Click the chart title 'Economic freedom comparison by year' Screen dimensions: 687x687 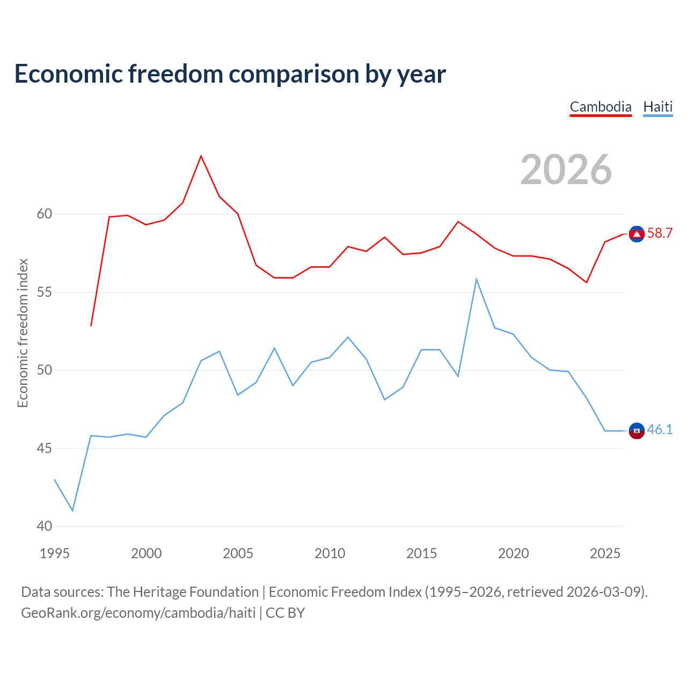point(230,74)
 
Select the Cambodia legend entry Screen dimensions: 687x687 point(601,107)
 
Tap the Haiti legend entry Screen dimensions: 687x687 point(658,107)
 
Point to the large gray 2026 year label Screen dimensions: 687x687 point(566,170)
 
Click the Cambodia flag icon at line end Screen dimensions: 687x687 point(637,234)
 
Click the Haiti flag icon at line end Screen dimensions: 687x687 point(637,430)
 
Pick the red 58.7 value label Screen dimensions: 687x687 point(660,233)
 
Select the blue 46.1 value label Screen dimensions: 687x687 point(660,429)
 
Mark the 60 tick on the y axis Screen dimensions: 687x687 point(45,214)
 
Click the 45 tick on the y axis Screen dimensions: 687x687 point(45,448)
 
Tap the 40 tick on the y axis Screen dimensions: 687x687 point(45,526)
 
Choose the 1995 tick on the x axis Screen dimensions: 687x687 point(55,553)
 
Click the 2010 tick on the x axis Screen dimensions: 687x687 point(330,553)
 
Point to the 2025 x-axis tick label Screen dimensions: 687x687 point(605,553)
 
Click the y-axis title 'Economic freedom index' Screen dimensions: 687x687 point(23,333)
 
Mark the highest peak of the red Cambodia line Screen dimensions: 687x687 point(201,156)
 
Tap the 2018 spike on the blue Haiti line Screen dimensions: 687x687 point(476,280)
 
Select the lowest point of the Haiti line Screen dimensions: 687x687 point(73,510)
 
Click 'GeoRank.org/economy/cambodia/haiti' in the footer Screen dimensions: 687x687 point(138,612)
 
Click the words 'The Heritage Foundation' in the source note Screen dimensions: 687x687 point(183,592)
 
